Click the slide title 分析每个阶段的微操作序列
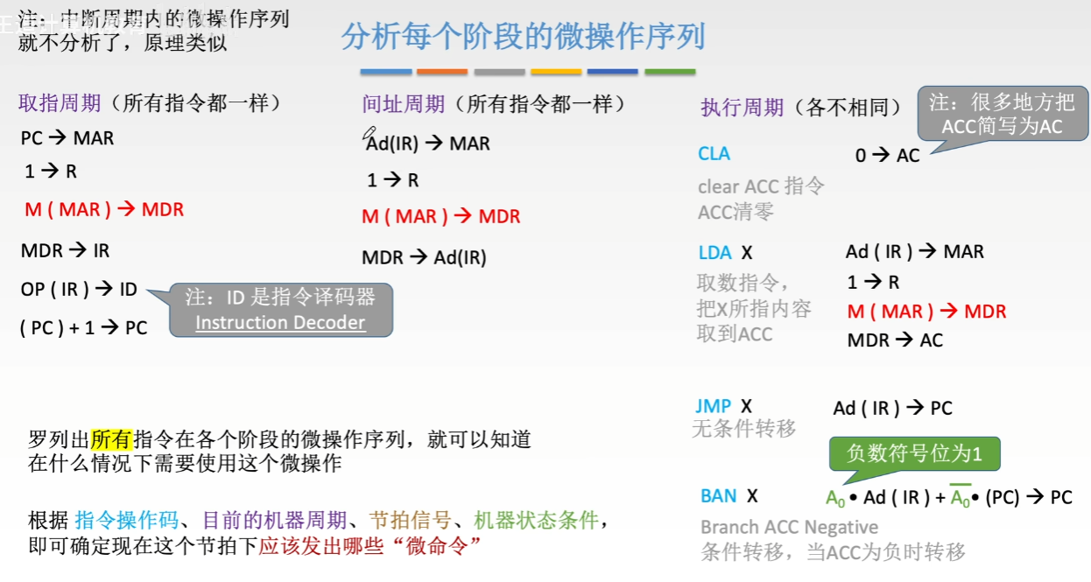(523, 37)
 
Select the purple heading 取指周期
(60, 104)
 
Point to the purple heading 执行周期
(742, 108)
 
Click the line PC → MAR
(67, 138)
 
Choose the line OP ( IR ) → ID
(79, 289)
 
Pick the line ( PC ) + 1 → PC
(83, 328)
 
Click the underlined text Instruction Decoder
(280, 323)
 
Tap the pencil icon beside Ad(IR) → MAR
(368, 134)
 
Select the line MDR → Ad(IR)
(424, 257)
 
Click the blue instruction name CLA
(714, 154)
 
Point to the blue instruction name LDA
(714, 253)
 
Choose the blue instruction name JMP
(713, 406)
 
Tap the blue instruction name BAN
(719, 496)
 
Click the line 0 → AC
(887, 156)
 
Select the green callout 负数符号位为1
(914, 453)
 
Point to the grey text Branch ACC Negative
(789, 528)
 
